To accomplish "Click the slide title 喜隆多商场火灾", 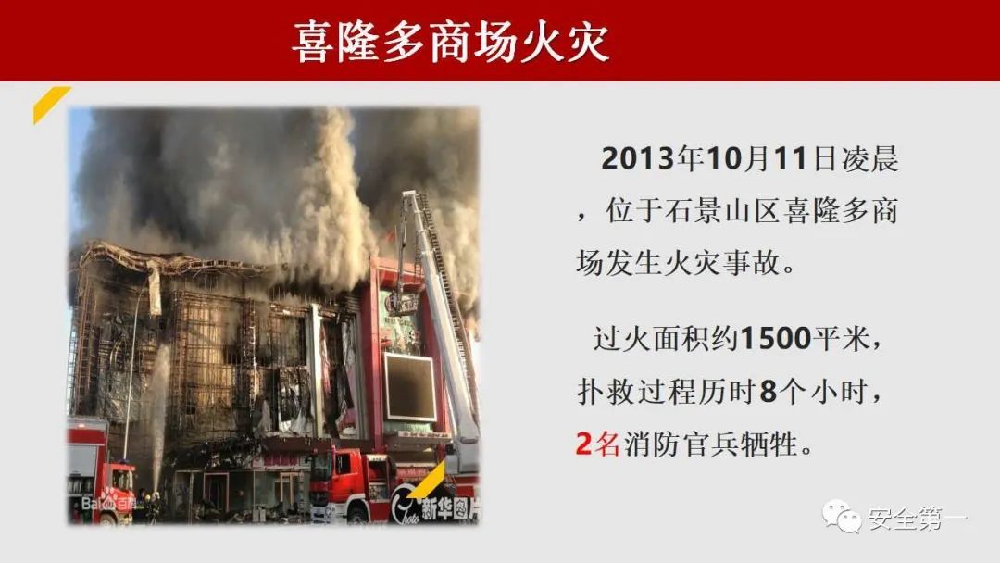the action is point(450,42).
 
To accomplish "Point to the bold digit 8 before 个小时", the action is point(769,391).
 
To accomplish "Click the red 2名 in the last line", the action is point(597,444).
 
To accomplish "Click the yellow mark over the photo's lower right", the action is point(426,480).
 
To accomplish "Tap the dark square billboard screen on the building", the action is point(409,387).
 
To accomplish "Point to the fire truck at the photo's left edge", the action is point(100,472).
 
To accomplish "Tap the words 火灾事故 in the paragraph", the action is point(723,263).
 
